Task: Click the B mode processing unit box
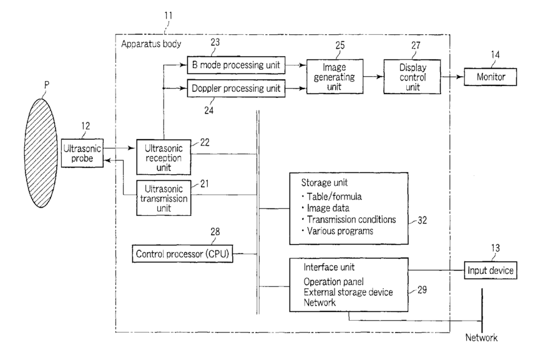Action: click(236, 65)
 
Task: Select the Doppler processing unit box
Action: click(236, 88)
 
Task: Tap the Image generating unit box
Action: click(335, 77)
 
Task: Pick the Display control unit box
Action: click(412, 77)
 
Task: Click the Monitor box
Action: click(491, 77)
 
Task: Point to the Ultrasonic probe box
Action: click(82, 153)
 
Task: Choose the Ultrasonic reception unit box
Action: click(164, 157)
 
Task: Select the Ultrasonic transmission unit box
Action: click(164, 198)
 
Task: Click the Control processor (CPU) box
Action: click(182, 254)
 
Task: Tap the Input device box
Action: click(491, 270)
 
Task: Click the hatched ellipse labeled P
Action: click(41, 153)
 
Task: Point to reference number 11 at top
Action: click(169, 16)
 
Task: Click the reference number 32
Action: click(422, 220)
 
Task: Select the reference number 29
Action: click(422, 289)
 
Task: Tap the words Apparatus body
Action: click(151, 44)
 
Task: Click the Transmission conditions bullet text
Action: click(351, 220)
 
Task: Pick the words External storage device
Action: click(348, 292)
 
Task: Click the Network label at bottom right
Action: click(481, 338)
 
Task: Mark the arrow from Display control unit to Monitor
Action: click(452, 77)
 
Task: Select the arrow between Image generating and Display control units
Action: click(373, 77)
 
